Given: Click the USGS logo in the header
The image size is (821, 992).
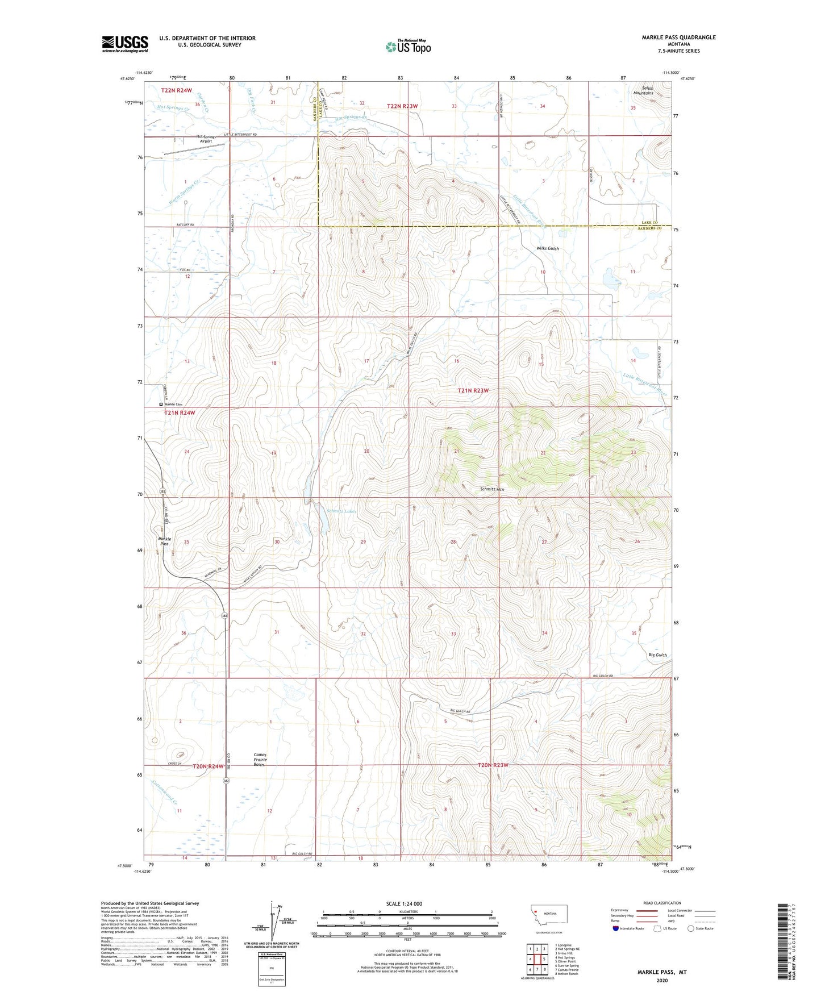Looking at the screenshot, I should (125, 44).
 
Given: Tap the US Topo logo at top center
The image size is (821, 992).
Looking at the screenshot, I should (407, 47).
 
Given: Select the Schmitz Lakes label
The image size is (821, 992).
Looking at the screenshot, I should (341, 511).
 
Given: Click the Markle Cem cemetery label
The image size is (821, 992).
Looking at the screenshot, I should (173, 404).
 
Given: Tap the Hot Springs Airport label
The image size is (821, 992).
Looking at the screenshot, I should (212, 139).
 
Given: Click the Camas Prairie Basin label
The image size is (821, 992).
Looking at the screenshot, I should (259, 760).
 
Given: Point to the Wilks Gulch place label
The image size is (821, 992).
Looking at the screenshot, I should (548, 248).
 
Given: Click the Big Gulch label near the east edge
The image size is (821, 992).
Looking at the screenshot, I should (657, 655).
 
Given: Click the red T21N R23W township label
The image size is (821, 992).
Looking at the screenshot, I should (473, 390).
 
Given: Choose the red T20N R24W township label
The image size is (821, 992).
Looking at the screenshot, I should (208, 766).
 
